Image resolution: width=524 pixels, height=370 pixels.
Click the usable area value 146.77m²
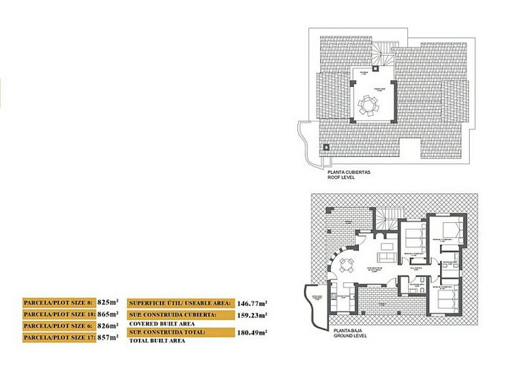[253, 303]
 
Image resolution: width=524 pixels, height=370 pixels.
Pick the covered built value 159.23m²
[253, 314]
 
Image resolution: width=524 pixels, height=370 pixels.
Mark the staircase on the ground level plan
[384, 220]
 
